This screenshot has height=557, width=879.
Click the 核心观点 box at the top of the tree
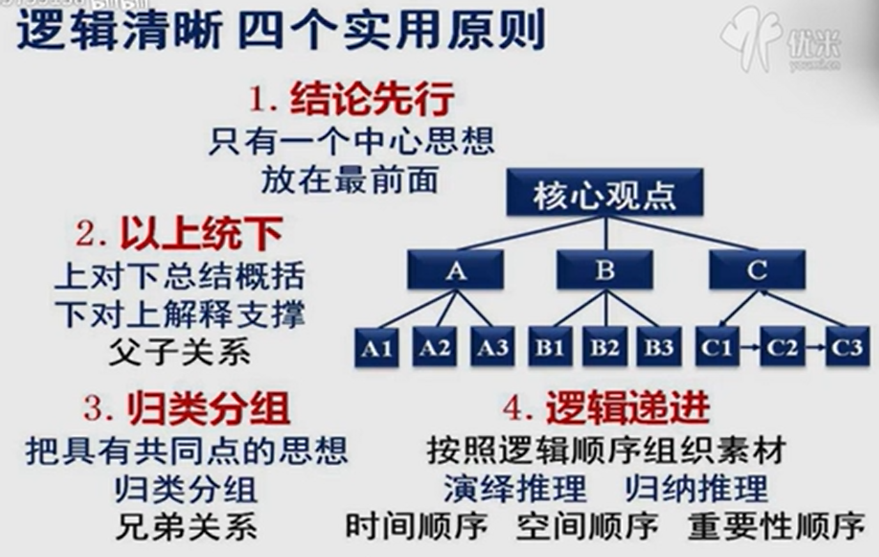pyautogui.click(x=604, y=193)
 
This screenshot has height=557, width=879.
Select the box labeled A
pyautogui.click(x=455, y=270)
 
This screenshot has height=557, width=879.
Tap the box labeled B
pyautogui.click(x=605, y=270)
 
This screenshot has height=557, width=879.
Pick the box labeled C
pyautogui.click(x=757, y=270)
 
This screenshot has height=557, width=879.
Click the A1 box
pyautogui.click(x=377, y=347)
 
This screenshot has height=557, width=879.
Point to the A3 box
pyautogui.click(x=493, y=347)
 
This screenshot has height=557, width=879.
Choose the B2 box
pyautogui.click(x=604, y=347)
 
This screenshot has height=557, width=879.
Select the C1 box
pyautogui.click(x=717, y=347)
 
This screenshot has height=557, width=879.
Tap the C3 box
pyautogui.click(x=847, y=347)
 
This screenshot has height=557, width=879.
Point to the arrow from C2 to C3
pyautogui.click(x=815, y=347)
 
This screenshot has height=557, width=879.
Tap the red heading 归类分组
pyautogui.click(x=208, y=408)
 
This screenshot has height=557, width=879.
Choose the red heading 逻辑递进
pyautogui.click(x=627, y=407)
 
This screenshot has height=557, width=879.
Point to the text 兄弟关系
pyautogui.click(x=187, y=528)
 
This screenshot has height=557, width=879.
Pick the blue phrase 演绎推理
pyautogui.click(x=515, y=489)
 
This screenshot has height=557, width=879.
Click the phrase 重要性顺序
pyautogui.click(x=776, y=526)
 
